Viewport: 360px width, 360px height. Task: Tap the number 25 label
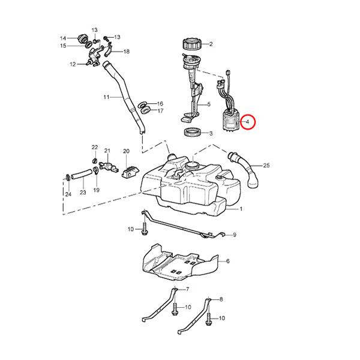click(266, 165)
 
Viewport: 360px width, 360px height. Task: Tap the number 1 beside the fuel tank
click(241, 209)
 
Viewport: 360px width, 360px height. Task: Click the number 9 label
click(235, 235)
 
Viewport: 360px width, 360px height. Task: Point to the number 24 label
click(67, 194)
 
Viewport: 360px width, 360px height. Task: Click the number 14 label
click(62, 38)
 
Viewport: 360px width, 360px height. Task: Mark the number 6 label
click(227, 262)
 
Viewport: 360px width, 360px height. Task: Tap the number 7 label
click(187, 290)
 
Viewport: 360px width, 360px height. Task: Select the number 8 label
click(221, 299)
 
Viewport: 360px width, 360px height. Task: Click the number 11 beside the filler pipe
click(106, 97)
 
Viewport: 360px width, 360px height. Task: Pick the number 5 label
click(208, 104)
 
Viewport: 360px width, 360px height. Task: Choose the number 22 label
click(94, 147)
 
